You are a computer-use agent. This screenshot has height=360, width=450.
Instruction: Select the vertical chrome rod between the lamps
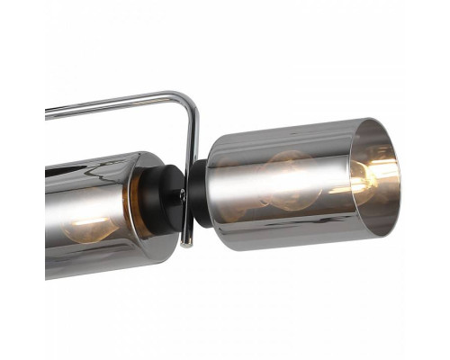tap(191, 162)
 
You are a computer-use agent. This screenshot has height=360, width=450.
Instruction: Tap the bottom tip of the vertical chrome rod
tap(185, 241)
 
